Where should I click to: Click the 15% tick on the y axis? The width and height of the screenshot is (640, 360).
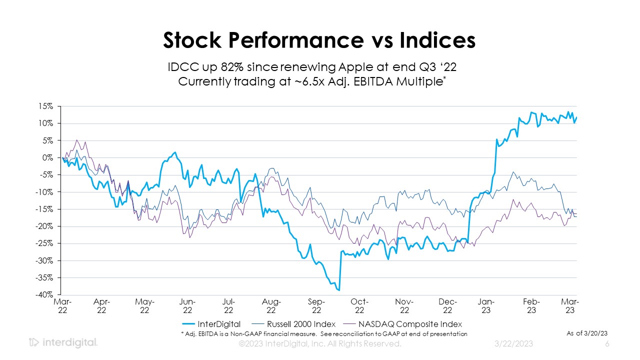point(46,106)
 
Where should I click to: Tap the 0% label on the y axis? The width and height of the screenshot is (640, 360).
point(48,157)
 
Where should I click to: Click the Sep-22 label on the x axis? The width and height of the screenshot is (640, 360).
point(316,306)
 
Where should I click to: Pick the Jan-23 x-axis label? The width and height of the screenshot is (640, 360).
point(486,306)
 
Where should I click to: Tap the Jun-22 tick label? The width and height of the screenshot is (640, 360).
point(187,306)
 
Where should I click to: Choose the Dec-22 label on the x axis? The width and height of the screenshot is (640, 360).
point(448,306)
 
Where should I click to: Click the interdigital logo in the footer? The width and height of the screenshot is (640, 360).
point(63,343)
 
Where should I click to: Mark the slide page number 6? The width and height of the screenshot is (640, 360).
point(607,344)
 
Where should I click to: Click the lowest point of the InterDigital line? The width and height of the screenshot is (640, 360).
point(339,289)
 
